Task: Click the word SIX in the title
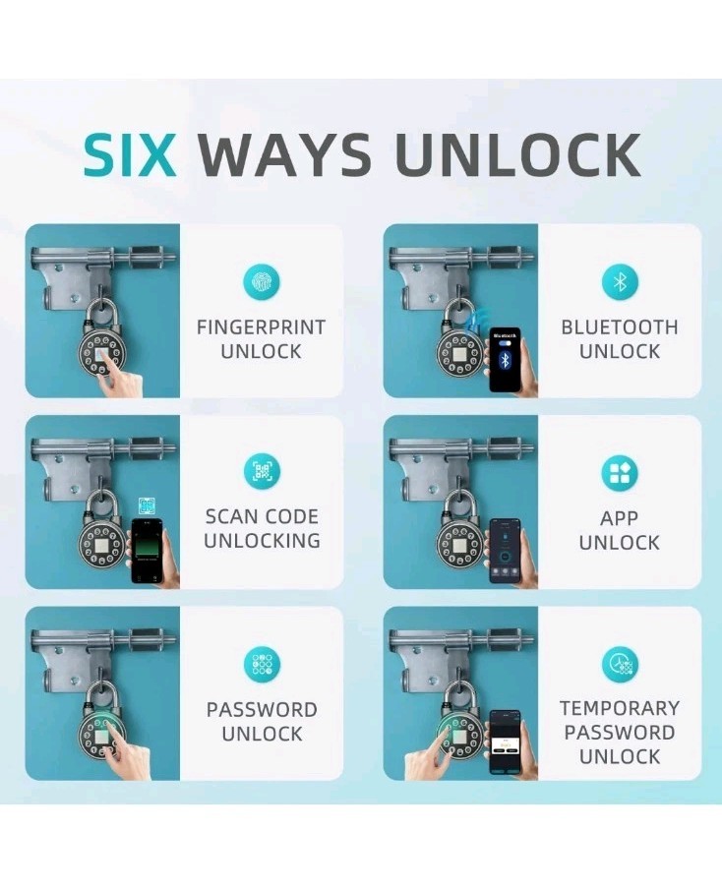130,154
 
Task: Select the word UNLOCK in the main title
517,154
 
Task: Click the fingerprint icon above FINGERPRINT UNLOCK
262,283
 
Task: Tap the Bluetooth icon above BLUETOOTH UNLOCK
620,283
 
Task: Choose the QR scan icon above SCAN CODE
262,472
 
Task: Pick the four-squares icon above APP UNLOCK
620,474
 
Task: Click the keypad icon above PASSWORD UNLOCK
262,664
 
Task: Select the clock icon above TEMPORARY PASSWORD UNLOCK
620,664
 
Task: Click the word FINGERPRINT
261,327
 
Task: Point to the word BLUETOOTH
620,327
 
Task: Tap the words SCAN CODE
262,516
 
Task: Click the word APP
620,518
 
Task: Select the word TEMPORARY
620,708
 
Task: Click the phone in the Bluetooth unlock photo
506,360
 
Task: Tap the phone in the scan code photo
147,551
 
